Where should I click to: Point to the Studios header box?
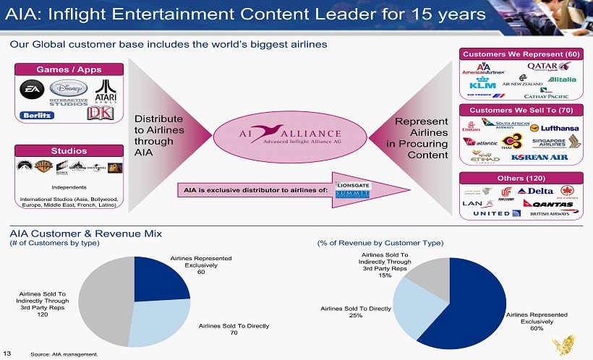(69, 150)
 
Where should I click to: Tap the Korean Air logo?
(539, 157)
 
